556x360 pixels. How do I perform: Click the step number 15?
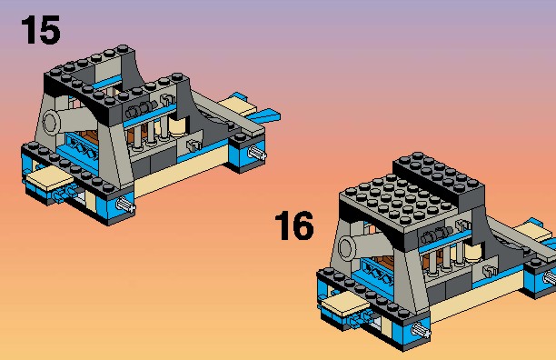point(41,30)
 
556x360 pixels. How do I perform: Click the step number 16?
point(294,225)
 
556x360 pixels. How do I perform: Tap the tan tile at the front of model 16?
point(345,305)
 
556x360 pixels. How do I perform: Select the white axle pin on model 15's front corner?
point(126,205)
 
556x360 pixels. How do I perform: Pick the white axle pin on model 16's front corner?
point(422,331)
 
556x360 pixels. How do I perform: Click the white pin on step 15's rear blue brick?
point(257,153)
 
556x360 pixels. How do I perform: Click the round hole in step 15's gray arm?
point(50,122)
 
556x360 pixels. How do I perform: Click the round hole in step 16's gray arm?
point(346,247)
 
